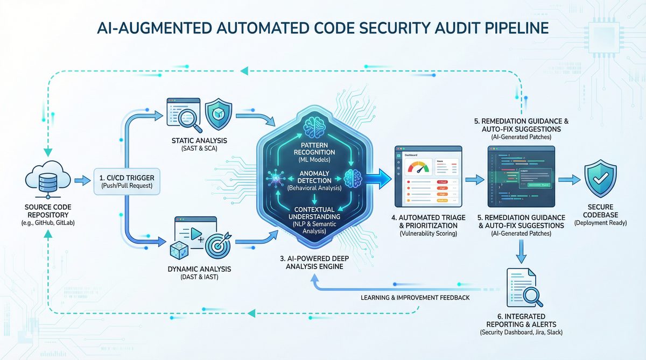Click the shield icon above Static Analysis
[x=219, y=114]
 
